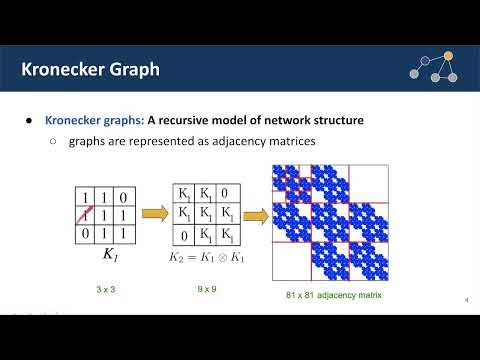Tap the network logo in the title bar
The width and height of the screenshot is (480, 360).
433,67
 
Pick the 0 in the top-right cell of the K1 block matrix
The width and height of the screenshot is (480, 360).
227,194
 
